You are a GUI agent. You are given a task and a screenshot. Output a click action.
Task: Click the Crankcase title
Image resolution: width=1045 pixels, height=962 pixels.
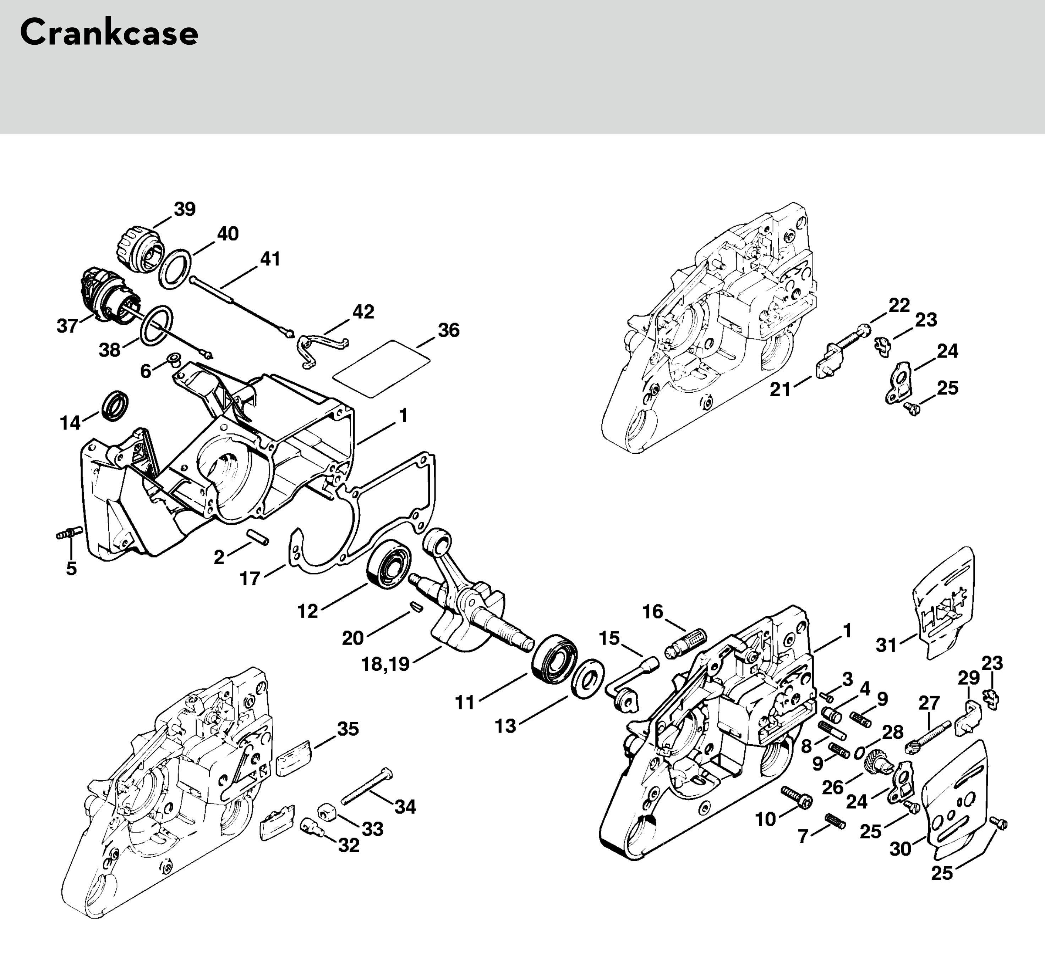tap(109, 33)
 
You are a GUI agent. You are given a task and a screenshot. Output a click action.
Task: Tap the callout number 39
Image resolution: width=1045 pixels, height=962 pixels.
tap(185, 209)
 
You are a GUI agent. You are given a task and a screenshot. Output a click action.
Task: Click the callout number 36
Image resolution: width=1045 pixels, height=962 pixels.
tap(449, 330)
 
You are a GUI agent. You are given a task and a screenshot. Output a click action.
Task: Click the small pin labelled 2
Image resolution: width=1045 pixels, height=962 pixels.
tap(258, 537)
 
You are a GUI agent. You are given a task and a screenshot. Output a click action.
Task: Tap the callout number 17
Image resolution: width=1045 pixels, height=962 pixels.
tap(250, 578)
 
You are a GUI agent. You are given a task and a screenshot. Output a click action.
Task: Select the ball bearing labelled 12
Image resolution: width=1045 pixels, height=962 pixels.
tap(390, 564)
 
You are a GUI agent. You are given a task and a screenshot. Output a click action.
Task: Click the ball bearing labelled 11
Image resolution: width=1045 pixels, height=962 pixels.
tap(554, 658)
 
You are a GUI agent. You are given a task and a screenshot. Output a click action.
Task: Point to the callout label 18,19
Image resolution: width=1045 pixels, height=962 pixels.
tap(385, 664)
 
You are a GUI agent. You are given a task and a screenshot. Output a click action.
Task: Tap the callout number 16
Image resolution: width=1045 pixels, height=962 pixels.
tap(652, 611)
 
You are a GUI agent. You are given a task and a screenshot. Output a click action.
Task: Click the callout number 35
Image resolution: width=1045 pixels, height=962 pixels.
tap(348, 729)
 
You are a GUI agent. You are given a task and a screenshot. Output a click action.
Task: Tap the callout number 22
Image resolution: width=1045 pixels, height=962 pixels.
tap(899, 305)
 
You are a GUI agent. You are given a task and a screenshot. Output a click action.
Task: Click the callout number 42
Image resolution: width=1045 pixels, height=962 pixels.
tap(363, 312)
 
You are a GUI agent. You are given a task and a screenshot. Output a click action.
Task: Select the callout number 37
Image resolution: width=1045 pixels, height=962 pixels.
tap(67, 326)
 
